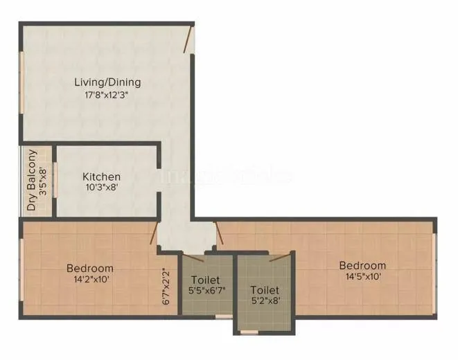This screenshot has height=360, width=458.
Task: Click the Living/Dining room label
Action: pyautogui.click(x=107, y=82)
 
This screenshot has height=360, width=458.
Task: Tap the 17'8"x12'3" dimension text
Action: pyautogui.click(x=107, y=96)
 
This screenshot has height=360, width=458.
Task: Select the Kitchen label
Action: pyautogui.click(x=101, y=177)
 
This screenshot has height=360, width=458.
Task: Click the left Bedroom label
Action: pyautogui.click(x=89, y=268)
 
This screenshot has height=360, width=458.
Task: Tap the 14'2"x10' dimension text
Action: pyautogui.click(x=89, y=280)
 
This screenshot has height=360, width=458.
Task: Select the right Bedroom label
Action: pyautogui.click(x=362, y=265)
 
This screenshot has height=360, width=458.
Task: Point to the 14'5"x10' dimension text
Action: pyautogui.click(x=362, y=277)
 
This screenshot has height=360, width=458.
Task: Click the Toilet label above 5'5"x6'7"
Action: pyautogui.click(x=205, y=280)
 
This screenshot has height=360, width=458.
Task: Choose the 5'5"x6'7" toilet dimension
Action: pyautogui.click(x=205, y=291)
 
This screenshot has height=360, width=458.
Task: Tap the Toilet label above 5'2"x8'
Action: pyautogui.click(x=265, y=290)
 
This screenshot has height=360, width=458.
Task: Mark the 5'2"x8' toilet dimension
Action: pyautogui.click(x=265, y=302)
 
